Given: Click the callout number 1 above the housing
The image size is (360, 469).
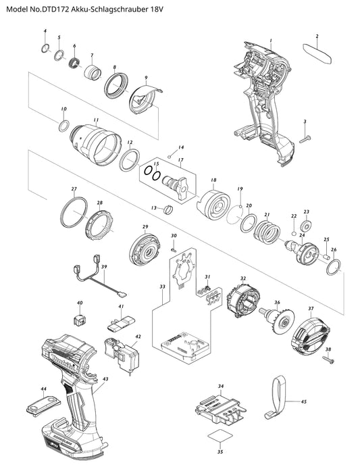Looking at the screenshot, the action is pyautogui.click(x=271, y=41).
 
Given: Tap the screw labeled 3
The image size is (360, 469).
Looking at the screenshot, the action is pyautogui.click(x=305, y=139).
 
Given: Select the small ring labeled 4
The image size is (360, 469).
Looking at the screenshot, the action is pyautogui.click(x=45, y=47).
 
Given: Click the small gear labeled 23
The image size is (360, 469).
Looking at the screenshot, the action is pyautogui.click(x=305, y=225).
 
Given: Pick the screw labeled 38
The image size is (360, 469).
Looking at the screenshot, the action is pyautogui.click(x=328, y=360).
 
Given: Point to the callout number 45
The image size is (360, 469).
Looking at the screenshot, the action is pyautogui.click(x=303, y=401).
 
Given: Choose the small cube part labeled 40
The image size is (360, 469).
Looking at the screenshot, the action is pyautogui.click(x=79, y=320).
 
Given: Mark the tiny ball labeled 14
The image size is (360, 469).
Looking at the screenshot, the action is pyautogui.click(x=170, y=156).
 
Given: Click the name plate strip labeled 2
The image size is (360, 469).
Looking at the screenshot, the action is pyautogui.click(x=317, y=53).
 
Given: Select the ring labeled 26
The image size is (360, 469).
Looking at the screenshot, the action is pyautogui.click(x=334, y=267).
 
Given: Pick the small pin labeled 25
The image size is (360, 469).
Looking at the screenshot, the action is pyautogui.click(x=326, y=256).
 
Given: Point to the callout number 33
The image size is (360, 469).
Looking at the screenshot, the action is pyautogui.click(x=162, y=287).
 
